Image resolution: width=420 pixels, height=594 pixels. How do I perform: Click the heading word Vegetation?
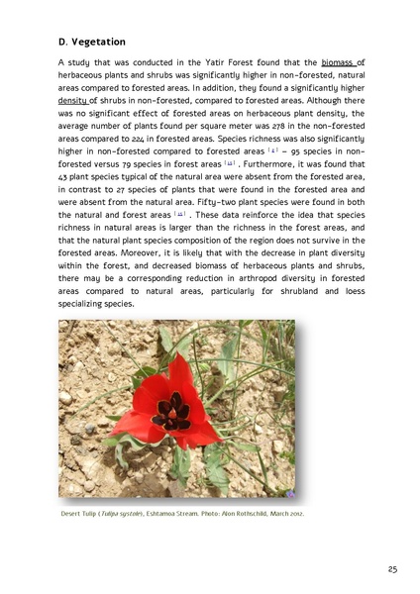click(x=100, y=42)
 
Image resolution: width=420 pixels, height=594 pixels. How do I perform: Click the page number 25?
click(x=392, y=569)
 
